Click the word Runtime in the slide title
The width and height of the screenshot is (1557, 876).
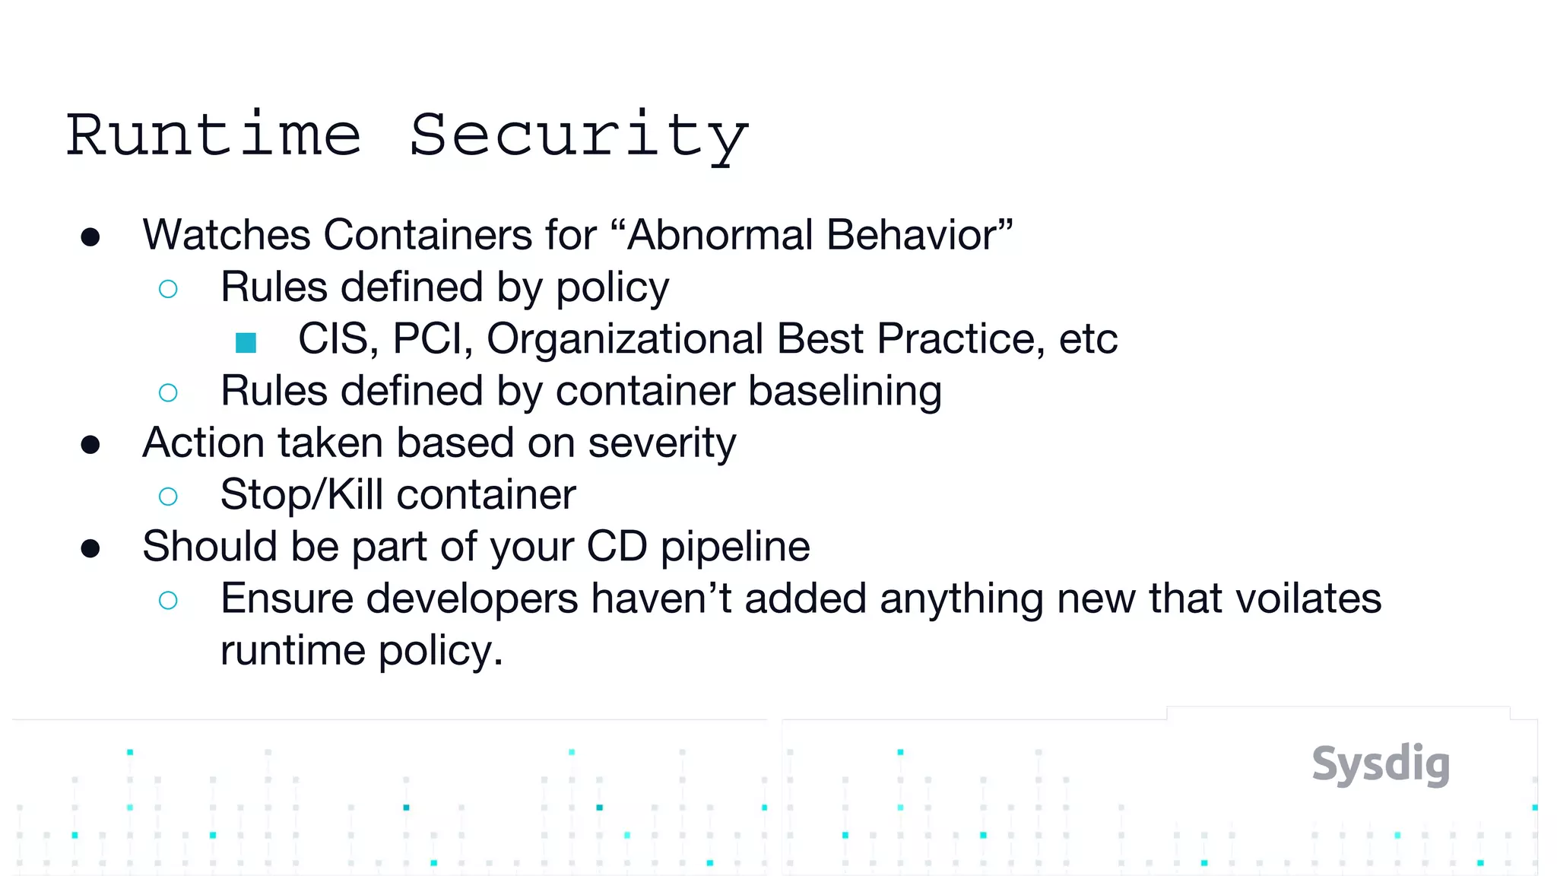point(214,135)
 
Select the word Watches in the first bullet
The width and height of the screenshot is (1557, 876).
point(227,234)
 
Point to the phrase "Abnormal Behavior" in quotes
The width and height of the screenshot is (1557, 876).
point(820,234)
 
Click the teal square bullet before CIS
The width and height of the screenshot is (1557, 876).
point(246,342)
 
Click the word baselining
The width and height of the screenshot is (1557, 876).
point(845,391)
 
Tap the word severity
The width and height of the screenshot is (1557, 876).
point(661,443)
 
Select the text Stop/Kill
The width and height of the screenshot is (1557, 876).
point(302,495)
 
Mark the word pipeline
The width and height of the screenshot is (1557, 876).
point(735,547)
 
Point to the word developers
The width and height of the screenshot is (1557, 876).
point(472,598)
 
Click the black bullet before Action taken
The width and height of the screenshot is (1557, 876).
point(90,445)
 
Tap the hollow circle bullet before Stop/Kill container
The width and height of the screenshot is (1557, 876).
point(168,497)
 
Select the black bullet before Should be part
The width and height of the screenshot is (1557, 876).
point(90,548)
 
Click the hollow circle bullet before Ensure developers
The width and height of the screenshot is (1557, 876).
point(168,601)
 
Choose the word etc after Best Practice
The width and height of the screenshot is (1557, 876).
point(1088,338)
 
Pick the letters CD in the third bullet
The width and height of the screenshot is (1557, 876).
point(617,547)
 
